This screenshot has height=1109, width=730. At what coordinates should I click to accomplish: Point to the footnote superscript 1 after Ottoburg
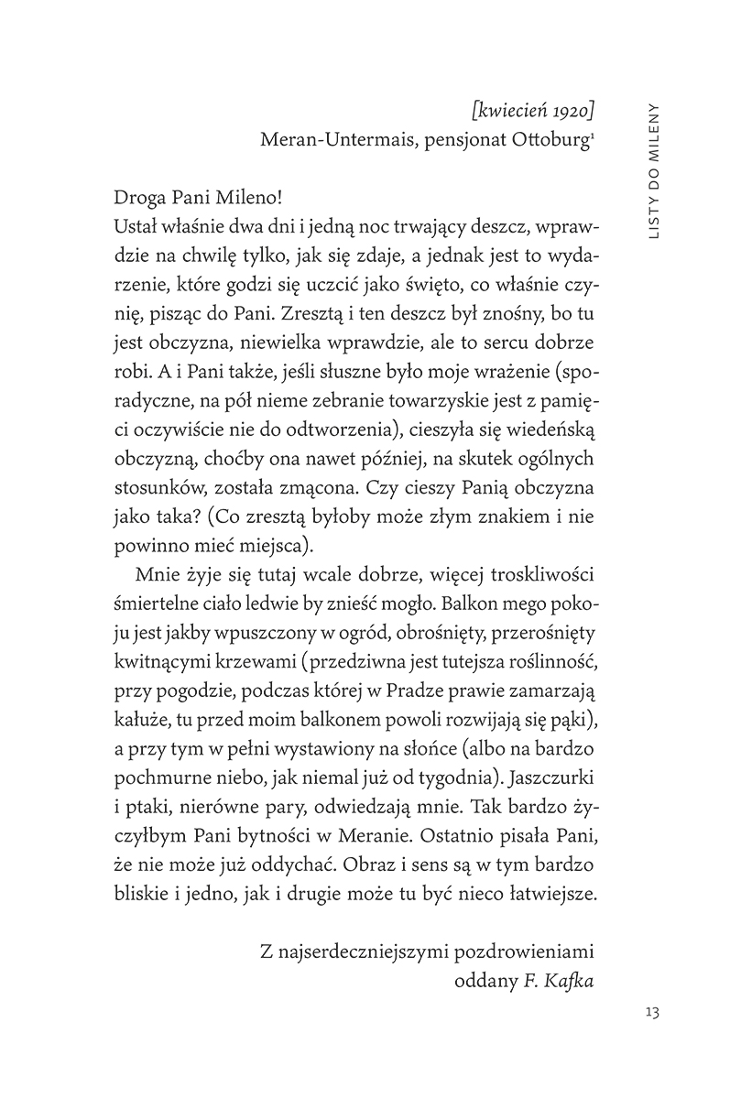click(594, 136)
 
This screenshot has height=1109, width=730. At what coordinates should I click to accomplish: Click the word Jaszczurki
click(551, 776)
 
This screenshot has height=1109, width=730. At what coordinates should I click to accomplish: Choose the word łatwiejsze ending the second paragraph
click(542, 890)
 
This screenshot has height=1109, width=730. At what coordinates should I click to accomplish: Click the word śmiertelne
click(161, 604)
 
